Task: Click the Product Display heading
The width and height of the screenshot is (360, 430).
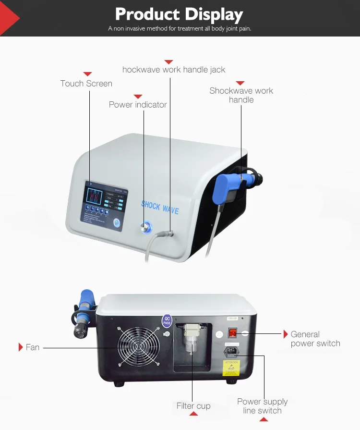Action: coord(180,14)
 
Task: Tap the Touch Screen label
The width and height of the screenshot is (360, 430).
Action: coord(86,84)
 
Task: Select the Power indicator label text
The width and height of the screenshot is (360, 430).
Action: coord(138,105)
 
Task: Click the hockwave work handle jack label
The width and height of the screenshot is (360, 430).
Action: coord(174,70)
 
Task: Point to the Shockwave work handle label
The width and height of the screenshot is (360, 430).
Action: coord(241,95)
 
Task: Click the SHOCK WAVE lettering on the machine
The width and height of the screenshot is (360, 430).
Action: coord(160,208)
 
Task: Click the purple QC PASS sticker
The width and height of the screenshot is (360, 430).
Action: coord(167,321)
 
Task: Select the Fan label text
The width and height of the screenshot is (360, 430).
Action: coord(33,347)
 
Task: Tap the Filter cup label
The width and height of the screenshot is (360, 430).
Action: coord(193,406)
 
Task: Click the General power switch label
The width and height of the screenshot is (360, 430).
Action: coord(315,339)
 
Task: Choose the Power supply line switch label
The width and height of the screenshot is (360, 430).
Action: coord(262,406)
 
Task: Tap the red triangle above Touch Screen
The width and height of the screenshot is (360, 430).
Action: coord(87,74)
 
